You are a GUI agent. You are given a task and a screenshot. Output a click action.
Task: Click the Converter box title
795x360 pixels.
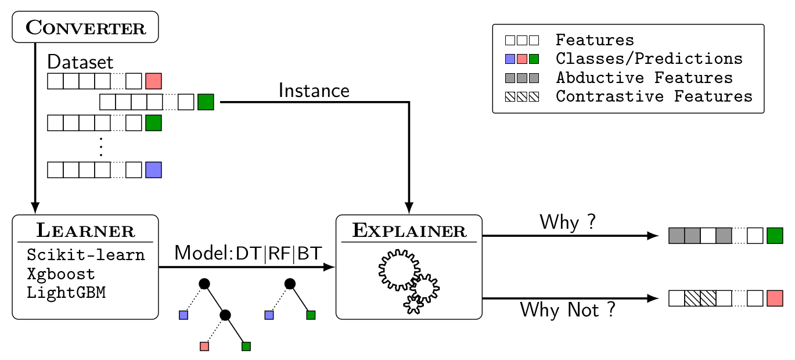(x=85, y=27)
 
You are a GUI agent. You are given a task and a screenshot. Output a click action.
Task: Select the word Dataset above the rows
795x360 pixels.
(x=80, y=62)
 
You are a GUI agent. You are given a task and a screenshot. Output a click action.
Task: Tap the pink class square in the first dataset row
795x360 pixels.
(x=153, y=81)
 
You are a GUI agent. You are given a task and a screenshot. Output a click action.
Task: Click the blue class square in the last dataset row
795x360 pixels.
(x=153, y=170)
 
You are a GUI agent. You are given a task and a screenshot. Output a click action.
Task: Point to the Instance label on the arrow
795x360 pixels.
(x=314, y=91)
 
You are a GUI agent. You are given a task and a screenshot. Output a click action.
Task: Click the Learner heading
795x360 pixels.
(x=85, y=231)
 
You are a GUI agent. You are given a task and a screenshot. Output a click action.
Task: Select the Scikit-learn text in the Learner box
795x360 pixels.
(x=85, y=255)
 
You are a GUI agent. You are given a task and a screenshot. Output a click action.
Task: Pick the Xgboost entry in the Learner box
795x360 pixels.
(x=60, y=273)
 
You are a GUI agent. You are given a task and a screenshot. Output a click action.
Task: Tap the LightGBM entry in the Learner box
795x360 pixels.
(x=66, y=292)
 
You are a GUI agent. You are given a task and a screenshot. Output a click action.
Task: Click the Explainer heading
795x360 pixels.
(x=409, y=231)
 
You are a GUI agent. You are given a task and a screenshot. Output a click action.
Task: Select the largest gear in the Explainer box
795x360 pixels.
(x=398, y=270)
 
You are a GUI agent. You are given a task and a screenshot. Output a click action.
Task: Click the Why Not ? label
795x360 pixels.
(x=567, y=309)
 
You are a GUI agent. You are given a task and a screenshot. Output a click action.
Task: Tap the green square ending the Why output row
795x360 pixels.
(x=775, y=236)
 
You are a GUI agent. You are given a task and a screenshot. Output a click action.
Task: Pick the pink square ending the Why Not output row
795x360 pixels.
(x=775, y=298)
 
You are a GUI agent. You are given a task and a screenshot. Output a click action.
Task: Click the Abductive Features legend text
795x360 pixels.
(x=644, y=77)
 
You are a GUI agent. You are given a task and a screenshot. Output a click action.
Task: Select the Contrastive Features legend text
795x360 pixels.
(x=654, y=96)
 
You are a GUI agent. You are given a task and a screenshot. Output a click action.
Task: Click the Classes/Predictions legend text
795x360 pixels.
(x=649, y=59)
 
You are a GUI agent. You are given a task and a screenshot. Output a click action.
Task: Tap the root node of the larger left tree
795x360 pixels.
(x=204, y=283)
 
